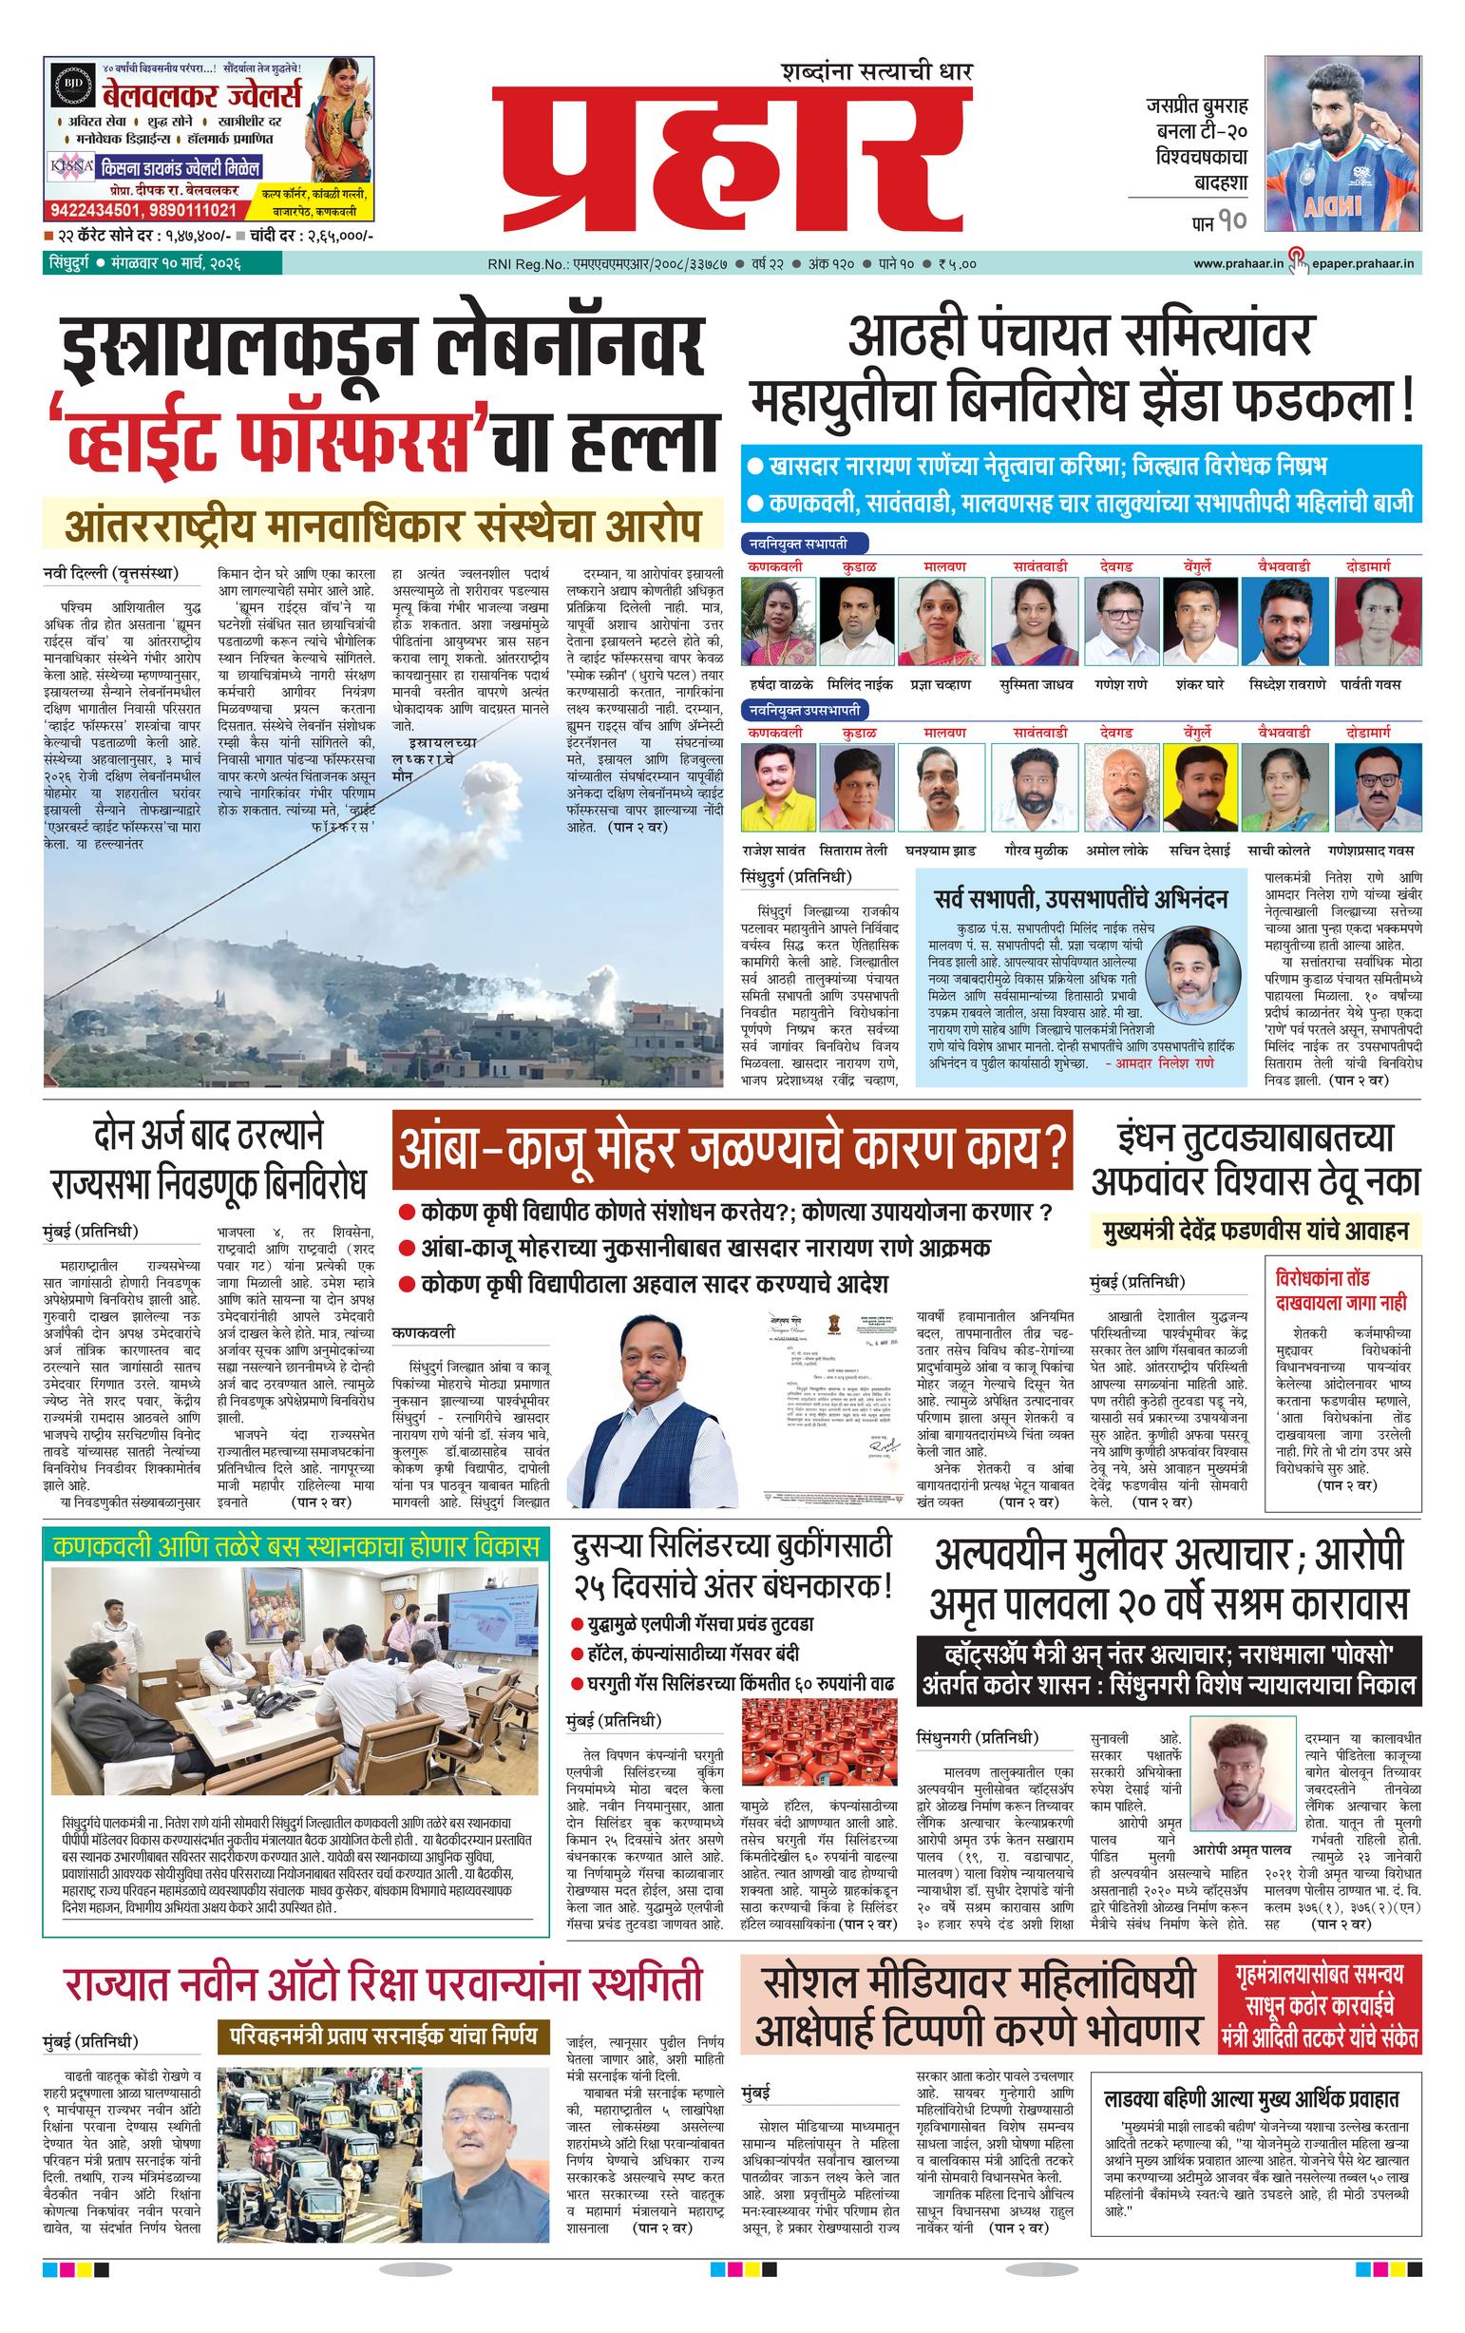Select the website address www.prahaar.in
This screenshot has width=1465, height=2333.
1237,263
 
